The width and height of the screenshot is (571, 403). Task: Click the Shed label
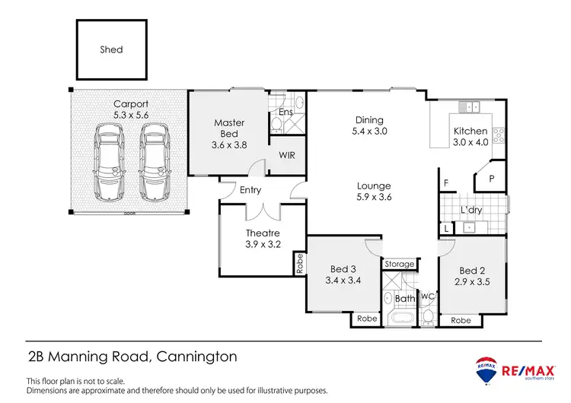click(x=111, y=49)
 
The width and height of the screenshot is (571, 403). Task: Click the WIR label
click(x=287, y=155)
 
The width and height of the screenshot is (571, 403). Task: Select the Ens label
click(x=285, y=113)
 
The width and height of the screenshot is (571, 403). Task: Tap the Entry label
click(x=250, y=190)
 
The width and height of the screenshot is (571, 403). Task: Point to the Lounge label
click(x=374, y=186)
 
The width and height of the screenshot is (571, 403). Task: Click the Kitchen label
click(x=470, y=130)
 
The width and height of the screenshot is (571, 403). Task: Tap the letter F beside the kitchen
click(x=445, y=182)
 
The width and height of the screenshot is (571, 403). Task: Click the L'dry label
click(x=473, y=209)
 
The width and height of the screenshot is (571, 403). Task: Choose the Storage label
click(x=399, y=265)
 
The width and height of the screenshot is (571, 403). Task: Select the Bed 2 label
click(x=472, y=271)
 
